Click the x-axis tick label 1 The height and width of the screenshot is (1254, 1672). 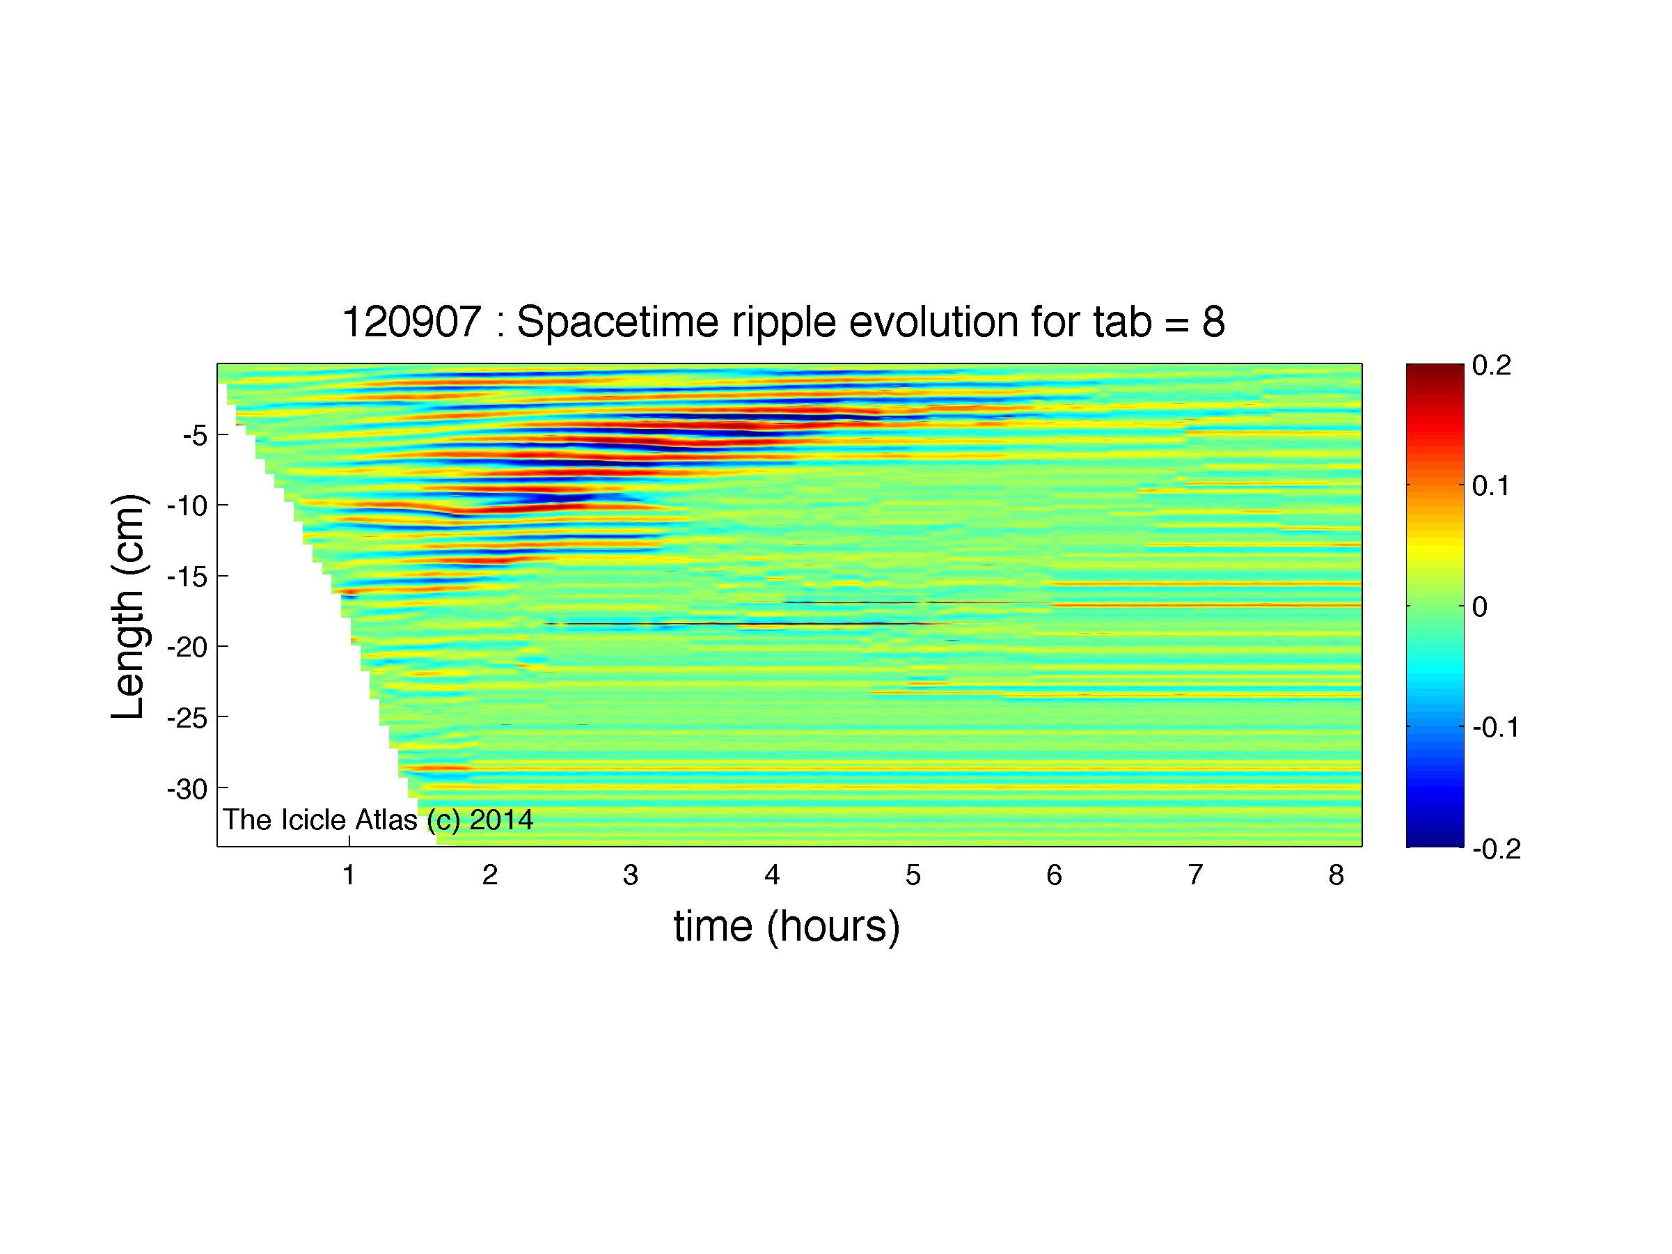tap(349, 875)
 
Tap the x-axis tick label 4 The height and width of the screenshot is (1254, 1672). tap(772, 875)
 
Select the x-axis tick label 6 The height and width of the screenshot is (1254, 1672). tap(1054, 875)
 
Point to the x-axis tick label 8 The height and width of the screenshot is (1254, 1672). tap(1336, 875)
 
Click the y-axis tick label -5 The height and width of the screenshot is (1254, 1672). tap(195, 435)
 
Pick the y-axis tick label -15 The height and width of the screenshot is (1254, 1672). tap(187, 577)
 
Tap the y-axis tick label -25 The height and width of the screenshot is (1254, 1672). tap(187, 717)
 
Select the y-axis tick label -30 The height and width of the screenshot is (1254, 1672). tap(187, 789)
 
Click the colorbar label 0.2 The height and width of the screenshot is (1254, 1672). tap(1491, 366)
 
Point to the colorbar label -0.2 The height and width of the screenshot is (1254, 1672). tap(1497, 849)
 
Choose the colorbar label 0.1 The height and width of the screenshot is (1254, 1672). tap(1491, 486)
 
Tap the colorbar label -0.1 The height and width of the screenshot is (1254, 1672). tap(1497, 728)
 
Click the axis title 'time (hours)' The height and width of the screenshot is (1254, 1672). tap(787, 927)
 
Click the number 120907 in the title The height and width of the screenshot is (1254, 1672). tap(412, 323)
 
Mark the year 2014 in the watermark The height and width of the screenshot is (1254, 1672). tap(502, 820)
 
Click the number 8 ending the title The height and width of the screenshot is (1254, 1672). tap(1213, 323)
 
